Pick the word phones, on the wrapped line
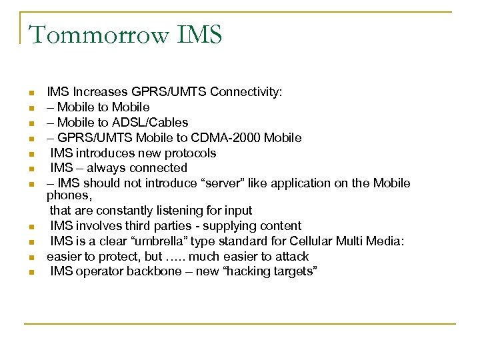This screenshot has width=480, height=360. pos(67,196)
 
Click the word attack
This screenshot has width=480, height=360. pos(291,257)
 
